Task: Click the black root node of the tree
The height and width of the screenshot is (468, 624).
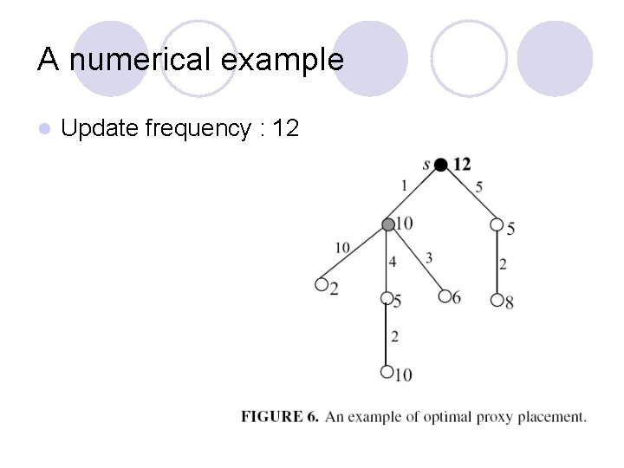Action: [441, 165]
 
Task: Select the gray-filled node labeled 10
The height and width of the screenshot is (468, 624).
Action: [388, 224]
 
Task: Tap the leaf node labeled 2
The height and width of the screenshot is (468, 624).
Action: [322, 284]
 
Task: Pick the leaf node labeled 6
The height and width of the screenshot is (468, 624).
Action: [445, 296]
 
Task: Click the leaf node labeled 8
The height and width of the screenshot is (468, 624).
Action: [497, 300]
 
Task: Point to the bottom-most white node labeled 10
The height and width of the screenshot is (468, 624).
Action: [387, 373]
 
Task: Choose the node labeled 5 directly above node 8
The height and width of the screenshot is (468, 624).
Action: [497, 225]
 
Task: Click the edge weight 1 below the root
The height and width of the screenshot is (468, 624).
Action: [404, 185]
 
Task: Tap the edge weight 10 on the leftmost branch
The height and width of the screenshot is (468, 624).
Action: [342, 249]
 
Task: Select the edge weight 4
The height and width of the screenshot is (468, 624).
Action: [393, 261]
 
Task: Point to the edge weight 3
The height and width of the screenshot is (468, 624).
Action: [429, 257]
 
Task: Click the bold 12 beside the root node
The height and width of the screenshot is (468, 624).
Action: [462, 164]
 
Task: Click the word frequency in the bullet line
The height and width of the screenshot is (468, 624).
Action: [197, 129]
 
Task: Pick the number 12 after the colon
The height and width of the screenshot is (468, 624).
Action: [285, 128]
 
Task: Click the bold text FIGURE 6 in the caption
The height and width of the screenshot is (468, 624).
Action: [279, 417]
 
